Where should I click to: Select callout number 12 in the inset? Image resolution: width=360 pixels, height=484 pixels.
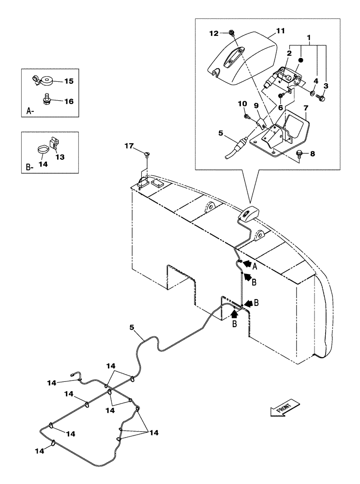[214, 33]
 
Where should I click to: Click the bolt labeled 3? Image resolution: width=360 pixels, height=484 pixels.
[320, 98]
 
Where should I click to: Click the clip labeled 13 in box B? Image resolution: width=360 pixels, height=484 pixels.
[54, 144]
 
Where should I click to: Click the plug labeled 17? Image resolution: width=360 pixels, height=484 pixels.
[147, 154]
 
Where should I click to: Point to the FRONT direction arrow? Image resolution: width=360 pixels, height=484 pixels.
[285, 408]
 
